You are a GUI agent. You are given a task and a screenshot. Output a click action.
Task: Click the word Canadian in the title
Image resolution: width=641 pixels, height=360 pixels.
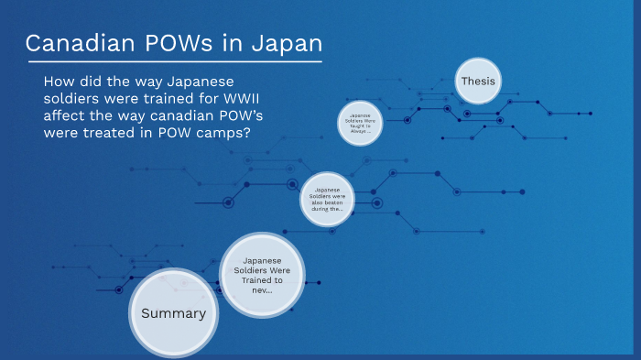(76, 43)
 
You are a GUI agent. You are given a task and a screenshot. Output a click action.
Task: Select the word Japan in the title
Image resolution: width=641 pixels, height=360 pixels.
(288, 43)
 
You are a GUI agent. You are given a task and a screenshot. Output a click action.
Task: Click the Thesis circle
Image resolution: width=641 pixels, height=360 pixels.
(478, 82)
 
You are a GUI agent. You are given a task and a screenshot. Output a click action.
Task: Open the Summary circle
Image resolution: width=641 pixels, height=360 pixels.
(173, 313)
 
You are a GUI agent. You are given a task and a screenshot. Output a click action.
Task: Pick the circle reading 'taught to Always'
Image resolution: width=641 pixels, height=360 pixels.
(359, 123)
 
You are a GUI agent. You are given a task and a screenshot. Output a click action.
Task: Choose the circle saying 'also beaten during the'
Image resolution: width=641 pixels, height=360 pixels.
(327, 199)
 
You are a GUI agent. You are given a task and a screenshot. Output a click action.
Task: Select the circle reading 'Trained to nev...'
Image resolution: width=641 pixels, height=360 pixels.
(263, 274)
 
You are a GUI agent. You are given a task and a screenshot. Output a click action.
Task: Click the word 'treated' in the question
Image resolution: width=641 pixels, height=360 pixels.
(115, 132)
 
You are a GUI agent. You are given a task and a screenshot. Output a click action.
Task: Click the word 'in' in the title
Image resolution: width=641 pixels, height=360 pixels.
(234, 43)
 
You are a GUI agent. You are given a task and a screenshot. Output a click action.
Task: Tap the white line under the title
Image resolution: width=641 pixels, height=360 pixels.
(174, 62)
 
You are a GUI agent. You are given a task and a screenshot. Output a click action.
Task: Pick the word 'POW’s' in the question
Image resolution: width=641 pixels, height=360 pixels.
(246, 115)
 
